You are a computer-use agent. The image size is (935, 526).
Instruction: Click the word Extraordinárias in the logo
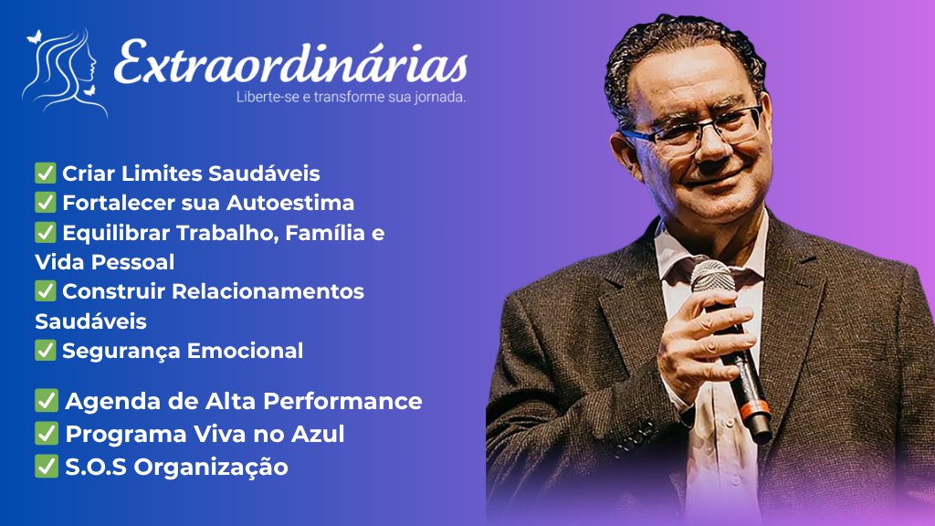coord(290,62)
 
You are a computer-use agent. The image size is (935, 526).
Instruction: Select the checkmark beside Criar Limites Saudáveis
coord(45,173)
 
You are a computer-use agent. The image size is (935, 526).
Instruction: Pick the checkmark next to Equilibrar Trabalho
coord(45,232)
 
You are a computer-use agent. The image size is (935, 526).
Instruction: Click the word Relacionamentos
coord(268,291)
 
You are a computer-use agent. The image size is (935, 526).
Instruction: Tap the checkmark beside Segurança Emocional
coord(45,350)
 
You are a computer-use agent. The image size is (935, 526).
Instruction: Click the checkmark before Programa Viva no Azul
coord(46,434)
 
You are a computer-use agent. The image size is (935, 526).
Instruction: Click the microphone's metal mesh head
coord(713,278)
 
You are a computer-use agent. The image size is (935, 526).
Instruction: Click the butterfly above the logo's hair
coord(34,37)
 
